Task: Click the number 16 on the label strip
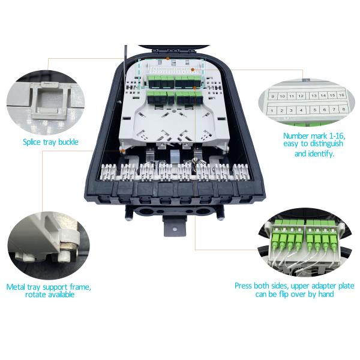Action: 341,95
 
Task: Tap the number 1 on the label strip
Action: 272,110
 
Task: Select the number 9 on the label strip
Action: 273,96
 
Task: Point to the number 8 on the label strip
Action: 341,110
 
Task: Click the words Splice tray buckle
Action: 50,142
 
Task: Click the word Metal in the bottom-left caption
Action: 16,287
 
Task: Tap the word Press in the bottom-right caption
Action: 244,286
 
